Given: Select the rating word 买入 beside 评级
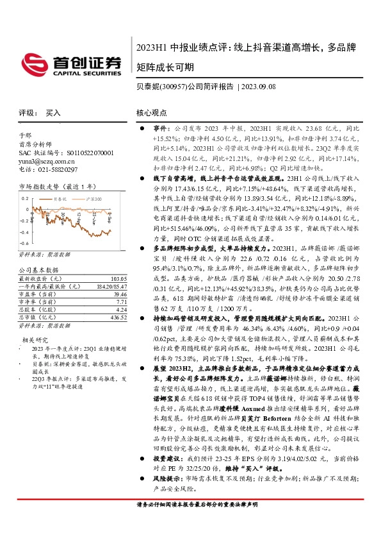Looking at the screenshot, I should click(53, 112).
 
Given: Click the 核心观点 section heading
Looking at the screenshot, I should click(151, 112).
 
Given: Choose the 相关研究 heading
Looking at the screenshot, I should click(33, 339).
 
